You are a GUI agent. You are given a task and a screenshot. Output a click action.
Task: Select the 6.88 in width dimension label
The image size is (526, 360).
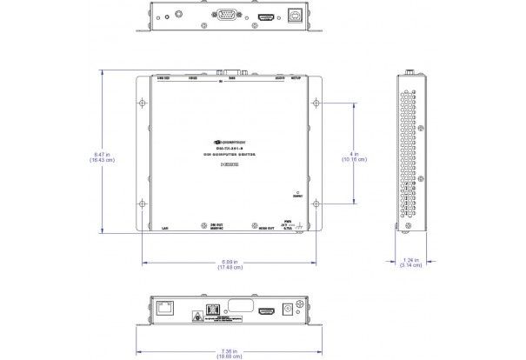tap(227, 264)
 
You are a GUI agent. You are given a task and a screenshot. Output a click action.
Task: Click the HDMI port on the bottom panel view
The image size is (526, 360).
tap(270, 310)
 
